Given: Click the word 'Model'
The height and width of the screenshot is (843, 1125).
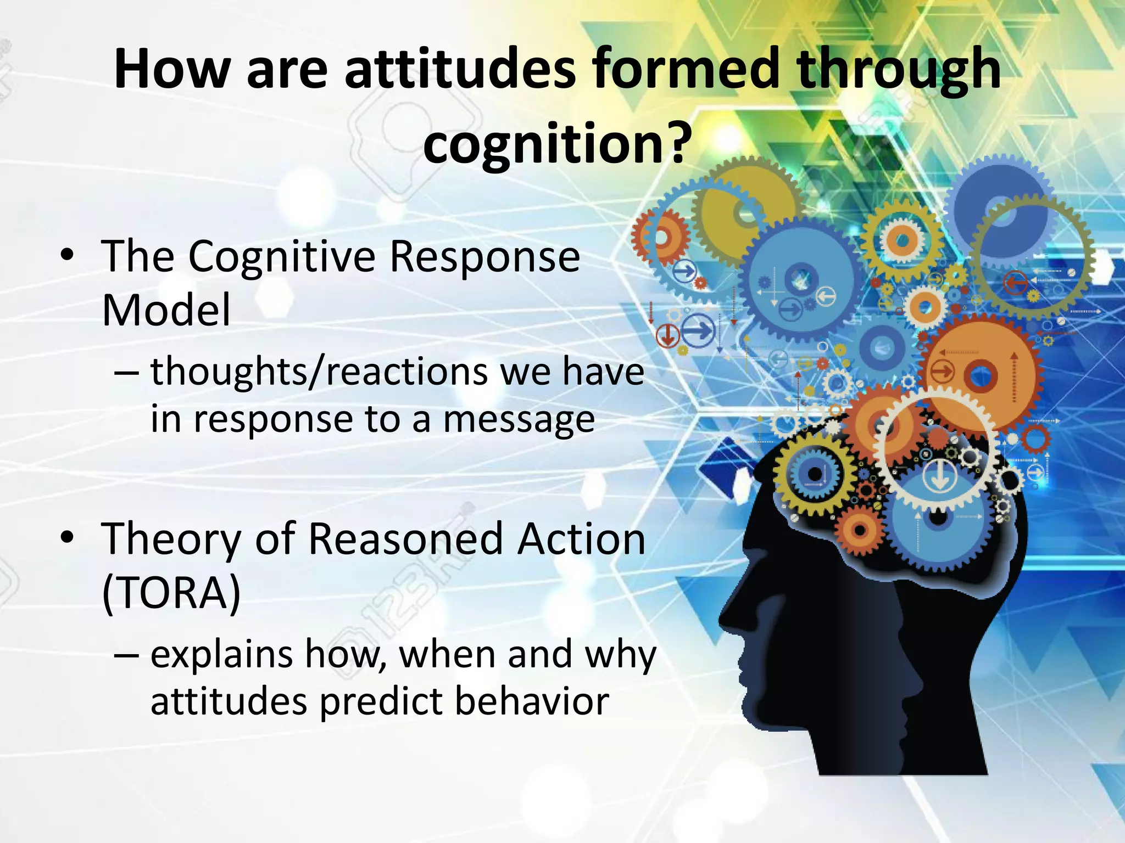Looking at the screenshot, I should pyautogui.click(x=166, y=310).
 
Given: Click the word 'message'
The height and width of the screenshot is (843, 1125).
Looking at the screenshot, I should pyautogui.click(x=519, y=420).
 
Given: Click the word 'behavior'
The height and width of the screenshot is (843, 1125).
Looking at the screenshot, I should pyautogui.click(x=532, y=701).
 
